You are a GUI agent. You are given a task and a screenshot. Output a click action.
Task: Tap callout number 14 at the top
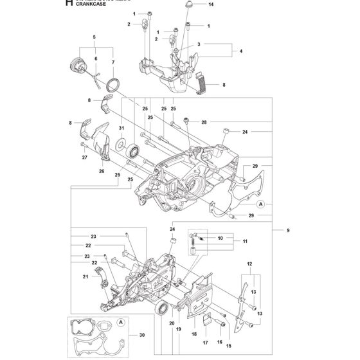(211, 4)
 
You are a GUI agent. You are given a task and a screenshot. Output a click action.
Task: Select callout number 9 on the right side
(279, 230)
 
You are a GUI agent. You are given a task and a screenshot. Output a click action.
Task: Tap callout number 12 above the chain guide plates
(249, 264)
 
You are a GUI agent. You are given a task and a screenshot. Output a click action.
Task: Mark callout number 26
(101, 171)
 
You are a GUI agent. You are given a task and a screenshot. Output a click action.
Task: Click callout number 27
(84, 157)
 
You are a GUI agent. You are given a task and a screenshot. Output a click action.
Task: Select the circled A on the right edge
(261, 204)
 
